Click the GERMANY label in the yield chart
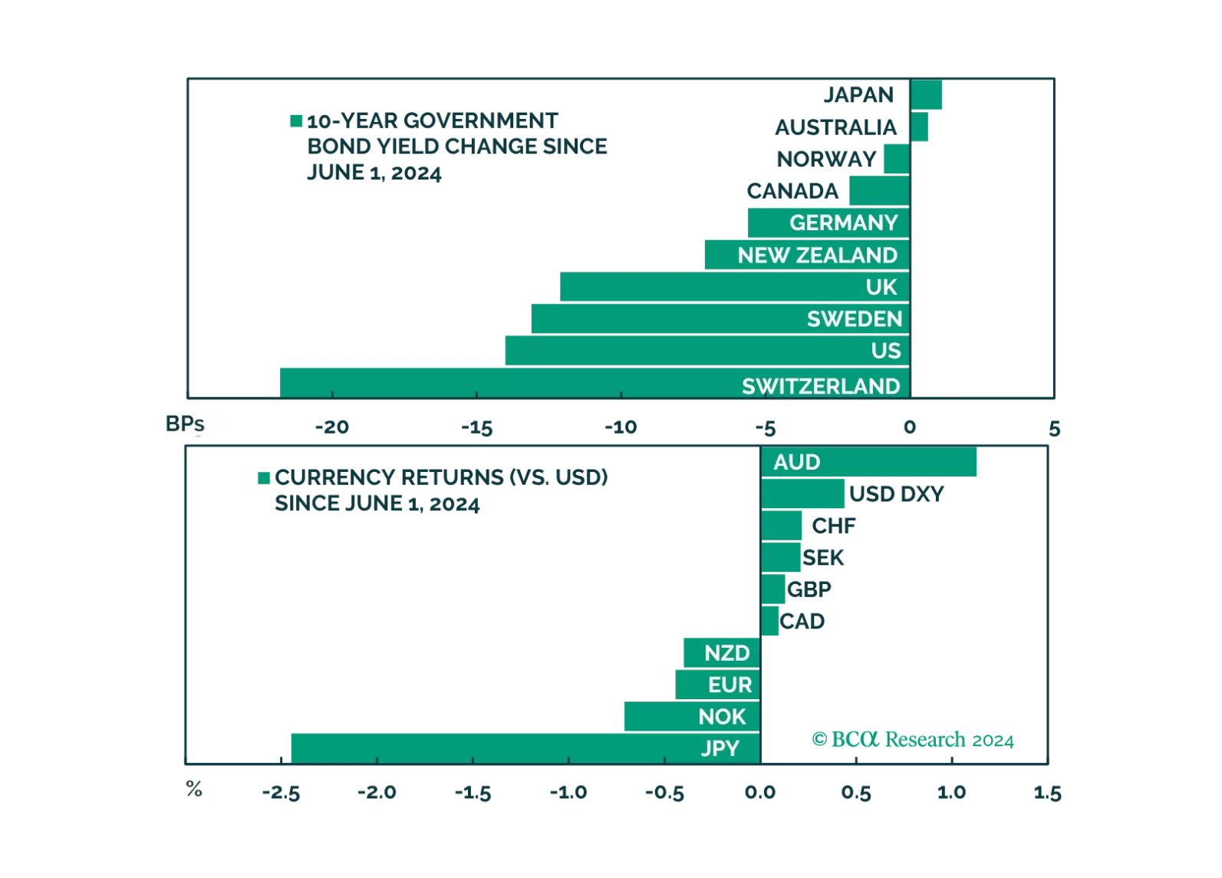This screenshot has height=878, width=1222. coord(843,223)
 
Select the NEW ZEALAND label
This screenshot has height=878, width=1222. coord(817,255)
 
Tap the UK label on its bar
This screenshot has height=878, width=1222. coord(881,287)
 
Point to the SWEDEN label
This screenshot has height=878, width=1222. coord(854,319)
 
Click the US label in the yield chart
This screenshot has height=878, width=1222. coord(885,351)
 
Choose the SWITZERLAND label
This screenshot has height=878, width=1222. coord(820,385)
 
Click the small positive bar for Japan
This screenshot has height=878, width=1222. coord(927,95)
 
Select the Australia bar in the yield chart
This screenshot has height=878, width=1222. coord(921,127)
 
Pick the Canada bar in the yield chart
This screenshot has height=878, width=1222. coord(878,190)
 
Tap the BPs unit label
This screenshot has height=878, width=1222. coord(184,424)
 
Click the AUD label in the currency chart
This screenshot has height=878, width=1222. coord(796,462)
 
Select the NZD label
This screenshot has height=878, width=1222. coord(726,653)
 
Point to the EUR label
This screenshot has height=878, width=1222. coord(730,685)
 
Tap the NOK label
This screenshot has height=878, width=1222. coord(721,717)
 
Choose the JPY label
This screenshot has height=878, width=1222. coord(720,748)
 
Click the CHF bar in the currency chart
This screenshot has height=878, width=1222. coord(782,526)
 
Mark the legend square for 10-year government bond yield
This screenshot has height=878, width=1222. coord(297,120)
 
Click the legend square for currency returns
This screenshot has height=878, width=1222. coord(262,477)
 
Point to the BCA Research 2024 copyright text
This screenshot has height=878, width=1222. coord(913,740)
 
